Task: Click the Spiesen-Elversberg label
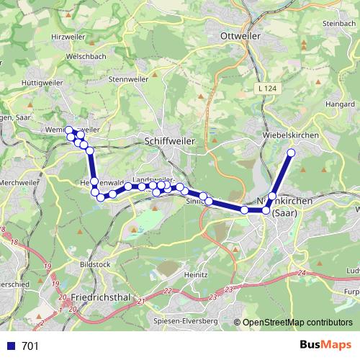tap(185, 320)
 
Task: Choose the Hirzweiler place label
tap(68, 36)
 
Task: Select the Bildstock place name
tap(96, 264)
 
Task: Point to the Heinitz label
tap(196, 274)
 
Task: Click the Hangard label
tap(340, 104)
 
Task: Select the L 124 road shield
tap(266, 89)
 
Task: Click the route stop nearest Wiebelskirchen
tap(292, 153)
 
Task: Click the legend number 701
tap(30, 346)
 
